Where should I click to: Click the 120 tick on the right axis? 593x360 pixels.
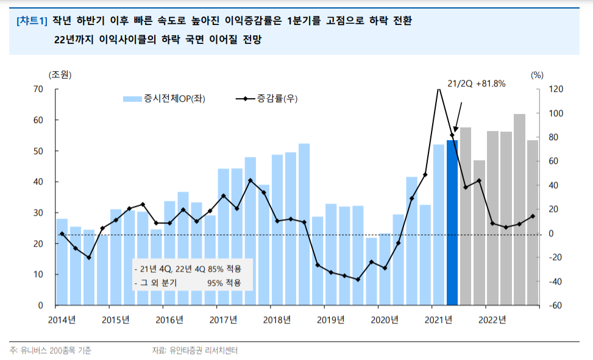[557, 90]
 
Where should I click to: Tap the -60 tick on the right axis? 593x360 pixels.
[557, 305]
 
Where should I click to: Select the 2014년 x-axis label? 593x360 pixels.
[62, 320]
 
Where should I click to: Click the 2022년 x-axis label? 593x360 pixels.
[492, 320]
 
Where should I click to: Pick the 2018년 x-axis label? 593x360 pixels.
[277, 320]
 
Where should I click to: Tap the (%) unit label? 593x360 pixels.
[536, 75]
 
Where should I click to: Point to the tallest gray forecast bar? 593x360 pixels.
[519, 209]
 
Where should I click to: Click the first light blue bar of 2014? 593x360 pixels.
[62, 262]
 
